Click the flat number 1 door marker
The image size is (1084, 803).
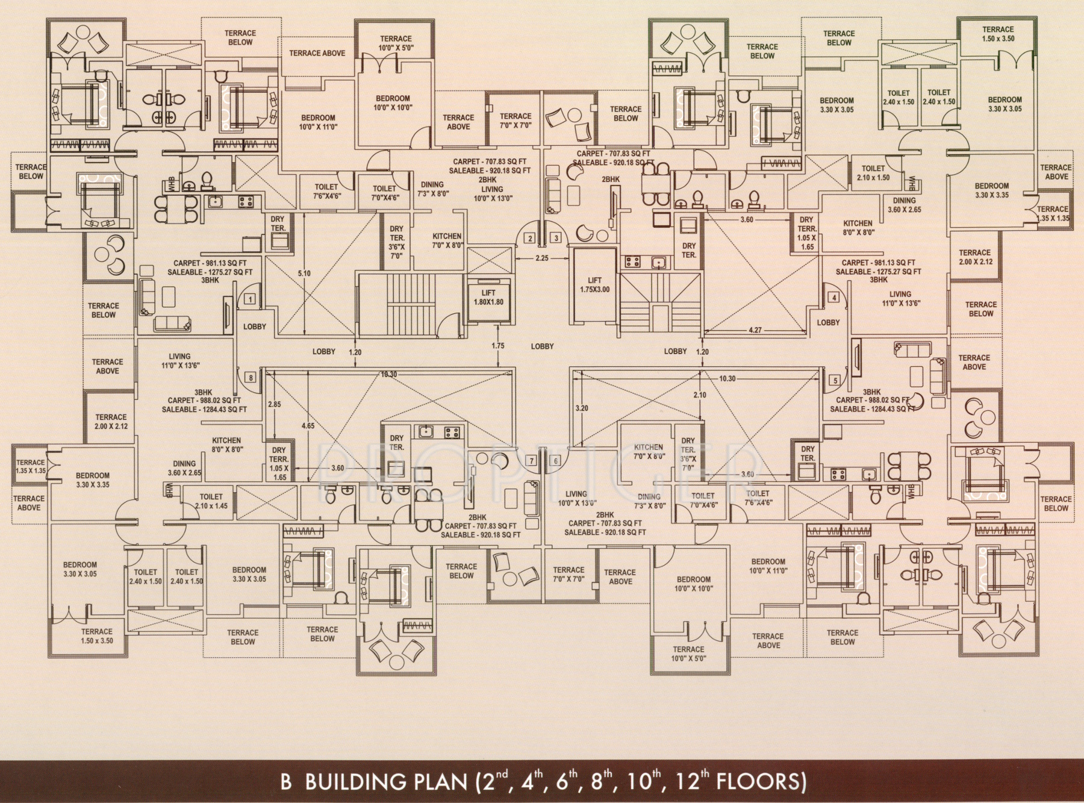(250, 299)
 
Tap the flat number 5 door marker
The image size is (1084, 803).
(835, 381)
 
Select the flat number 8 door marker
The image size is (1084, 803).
(250, 378)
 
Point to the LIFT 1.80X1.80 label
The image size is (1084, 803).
(488, 298)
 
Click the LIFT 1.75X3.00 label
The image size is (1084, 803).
(594, 285)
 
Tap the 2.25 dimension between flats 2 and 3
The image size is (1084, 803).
(542, 258)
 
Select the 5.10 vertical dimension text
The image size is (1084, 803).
(304, 273)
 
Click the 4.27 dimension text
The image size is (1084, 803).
(755, 330)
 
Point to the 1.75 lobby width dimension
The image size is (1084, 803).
(498, 346)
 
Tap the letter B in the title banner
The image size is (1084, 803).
(286, 782)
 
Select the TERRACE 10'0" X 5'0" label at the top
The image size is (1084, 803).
(396, 43)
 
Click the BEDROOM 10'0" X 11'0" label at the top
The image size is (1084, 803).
(318, 122)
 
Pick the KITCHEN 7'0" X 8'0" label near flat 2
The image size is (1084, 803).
(447, 241)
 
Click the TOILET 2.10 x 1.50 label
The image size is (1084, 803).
(873, 173)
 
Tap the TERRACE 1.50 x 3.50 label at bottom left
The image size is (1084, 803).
(97, 636)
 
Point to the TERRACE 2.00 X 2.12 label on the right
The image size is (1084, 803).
(974, 257)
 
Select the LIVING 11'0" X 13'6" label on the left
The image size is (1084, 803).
(179, 361)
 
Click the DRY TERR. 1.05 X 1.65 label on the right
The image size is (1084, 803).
(806, 233)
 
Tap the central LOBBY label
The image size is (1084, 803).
(542, 346)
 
